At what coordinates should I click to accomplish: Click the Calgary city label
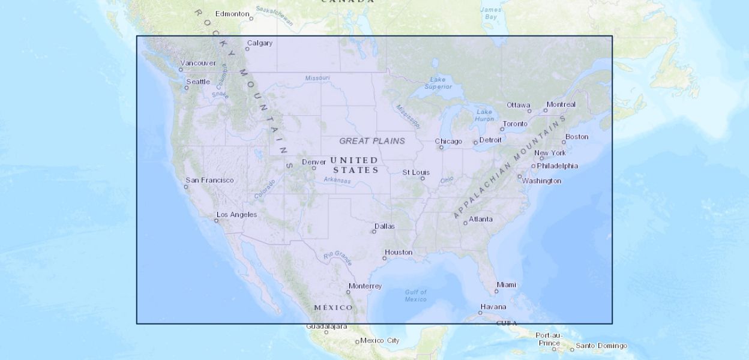point(260,43)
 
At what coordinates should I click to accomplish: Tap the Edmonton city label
point(232,14)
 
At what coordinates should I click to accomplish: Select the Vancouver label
point(198,63)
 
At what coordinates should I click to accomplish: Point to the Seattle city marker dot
point(187,88)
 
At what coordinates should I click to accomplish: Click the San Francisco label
point(209,180)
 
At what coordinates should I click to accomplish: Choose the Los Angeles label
point(236,214)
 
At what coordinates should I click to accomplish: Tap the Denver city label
point(314,162)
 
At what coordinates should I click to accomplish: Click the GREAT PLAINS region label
point(372,141)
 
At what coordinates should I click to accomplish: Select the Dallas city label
point(385,226)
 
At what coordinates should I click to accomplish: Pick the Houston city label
point(399,252)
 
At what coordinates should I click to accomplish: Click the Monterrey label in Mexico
point(365,286)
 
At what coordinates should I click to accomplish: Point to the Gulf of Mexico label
point(415,295)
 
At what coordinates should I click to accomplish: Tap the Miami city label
point(506,285)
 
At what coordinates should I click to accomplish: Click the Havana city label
point(493,307)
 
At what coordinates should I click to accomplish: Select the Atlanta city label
point(481,219)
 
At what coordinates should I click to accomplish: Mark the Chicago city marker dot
point(441,148)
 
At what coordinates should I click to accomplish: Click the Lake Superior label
point(438,83)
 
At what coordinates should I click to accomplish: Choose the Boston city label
point(577,136)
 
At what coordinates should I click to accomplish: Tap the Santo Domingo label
point(601,346)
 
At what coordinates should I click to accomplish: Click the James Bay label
point(491,13)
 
